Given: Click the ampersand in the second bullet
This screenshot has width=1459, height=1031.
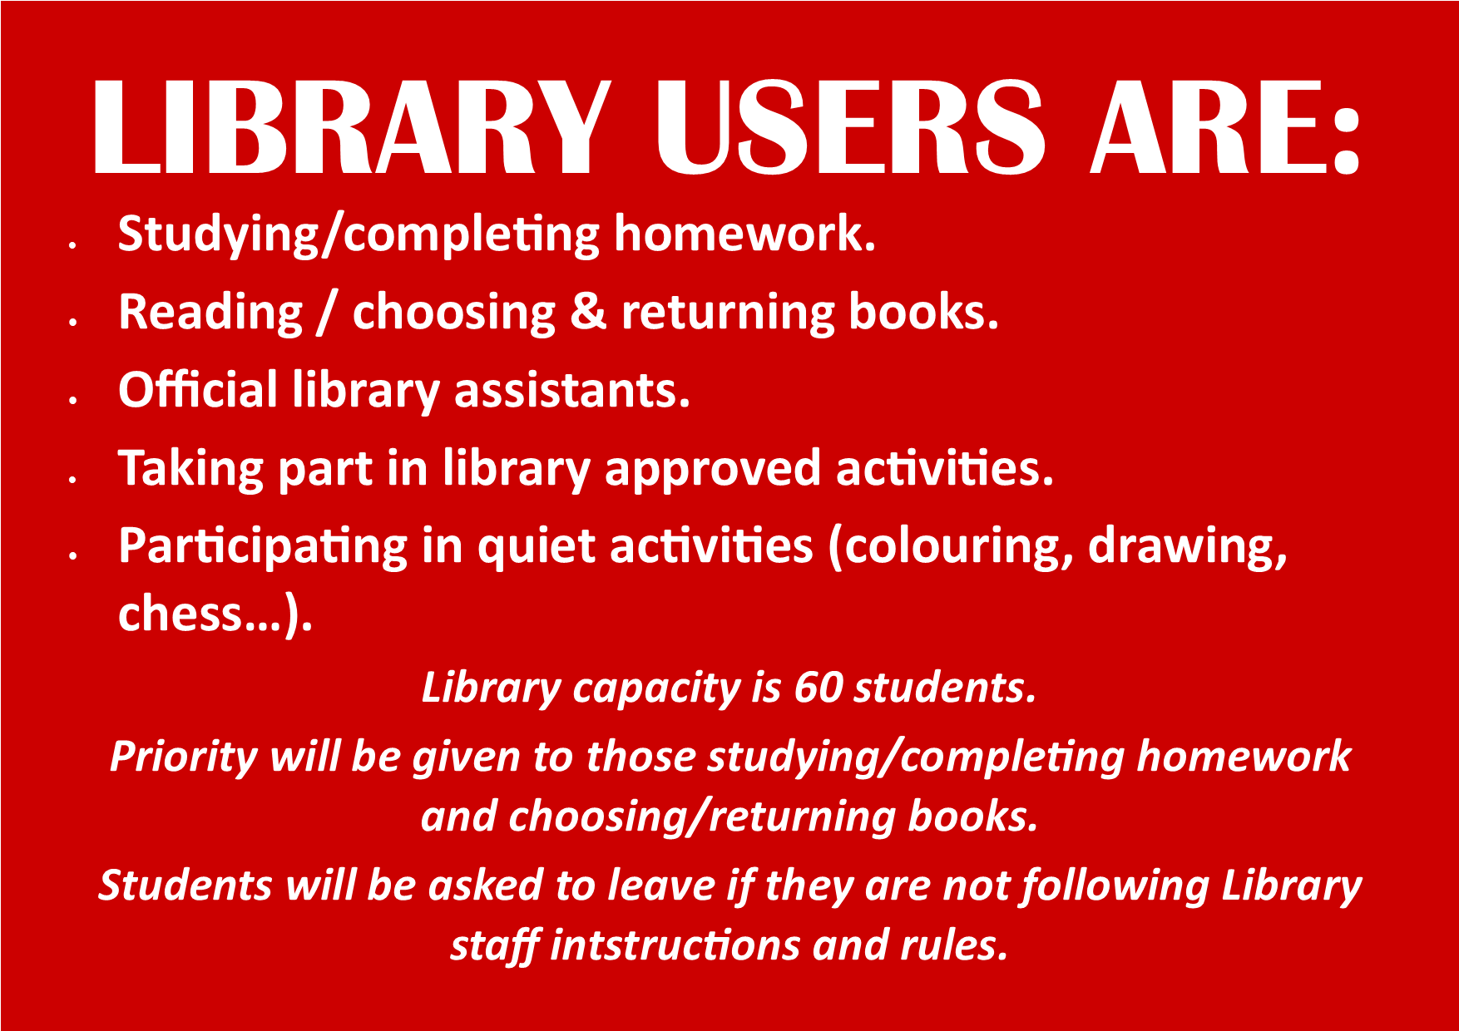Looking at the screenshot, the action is tap(589, 312).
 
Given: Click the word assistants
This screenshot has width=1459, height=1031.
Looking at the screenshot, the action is tap(572, 391).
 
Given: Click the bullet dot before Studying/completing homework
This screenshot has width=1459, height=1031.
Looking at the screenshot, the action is tap(73, 244).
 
